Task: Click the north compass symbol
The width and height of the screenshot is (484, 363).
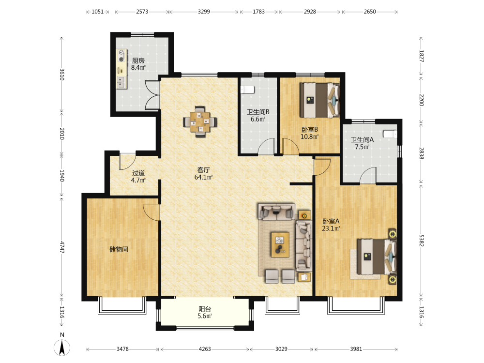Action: (x=62, y=347)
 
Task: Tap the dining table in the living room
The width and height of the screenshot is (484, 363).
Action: (x=200, y=121)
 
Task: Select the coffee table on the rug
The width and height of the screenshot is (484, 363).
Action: (x=280, y=245)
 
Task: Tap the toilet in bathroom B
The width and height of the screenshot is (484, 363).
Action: (x=247, y=90)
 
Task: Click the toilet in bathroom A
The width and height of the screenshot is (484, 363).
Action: (x=390, y=134)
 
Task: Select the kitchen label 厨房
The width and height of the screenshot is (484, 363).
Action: (x=138, y=60)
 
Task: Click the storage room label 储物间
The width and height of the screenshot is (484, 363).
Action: (x=119, y=249)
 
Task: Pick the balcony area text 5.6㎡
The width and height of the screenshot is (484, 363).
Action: (x=205, y=316)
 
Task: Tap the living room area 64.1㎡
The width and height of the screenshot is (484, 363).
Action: (x=203, y=177)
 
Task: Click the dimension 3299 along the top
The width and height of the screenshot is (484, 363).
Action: (x=204, y=12)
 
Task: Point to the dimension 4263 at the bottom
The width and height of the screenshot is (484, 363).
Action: (x=205, y=349)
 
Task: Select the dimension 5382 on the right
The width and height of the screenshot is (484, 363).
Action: (x=422, y=241)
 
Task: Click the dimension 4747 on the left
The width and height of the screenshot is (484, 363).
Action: (x=62, y=247)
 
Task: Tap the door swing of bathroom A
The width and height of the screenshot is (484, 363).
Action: (x=368, y=175)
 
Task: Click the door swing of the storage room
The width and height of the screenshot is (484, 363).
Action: (x=151, y=212)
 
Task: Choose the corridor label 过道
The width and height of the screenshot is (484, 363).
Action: (x=138, y=173)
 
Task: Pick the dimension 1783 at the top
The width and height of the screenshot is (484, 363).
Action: (x=258, y=12)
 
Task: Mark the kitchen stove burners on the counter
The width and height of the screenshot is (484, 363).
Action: (x=121, y=56)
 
